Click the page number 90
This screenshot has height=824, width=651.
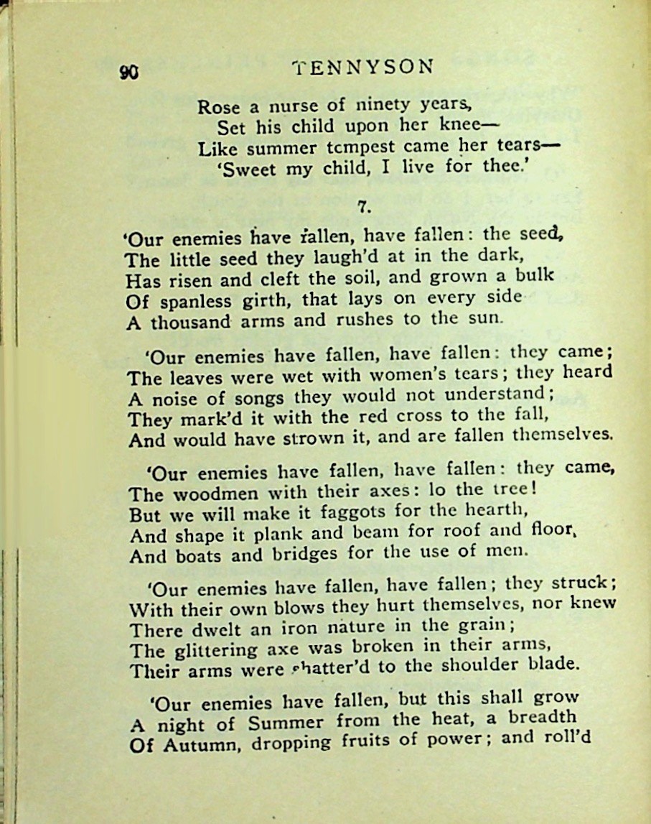[x=130, y=72]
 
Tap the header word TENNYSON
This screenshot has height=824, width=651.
[x=363, y=67]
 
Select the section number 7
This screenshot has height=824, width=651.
[x=363, y=207]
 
